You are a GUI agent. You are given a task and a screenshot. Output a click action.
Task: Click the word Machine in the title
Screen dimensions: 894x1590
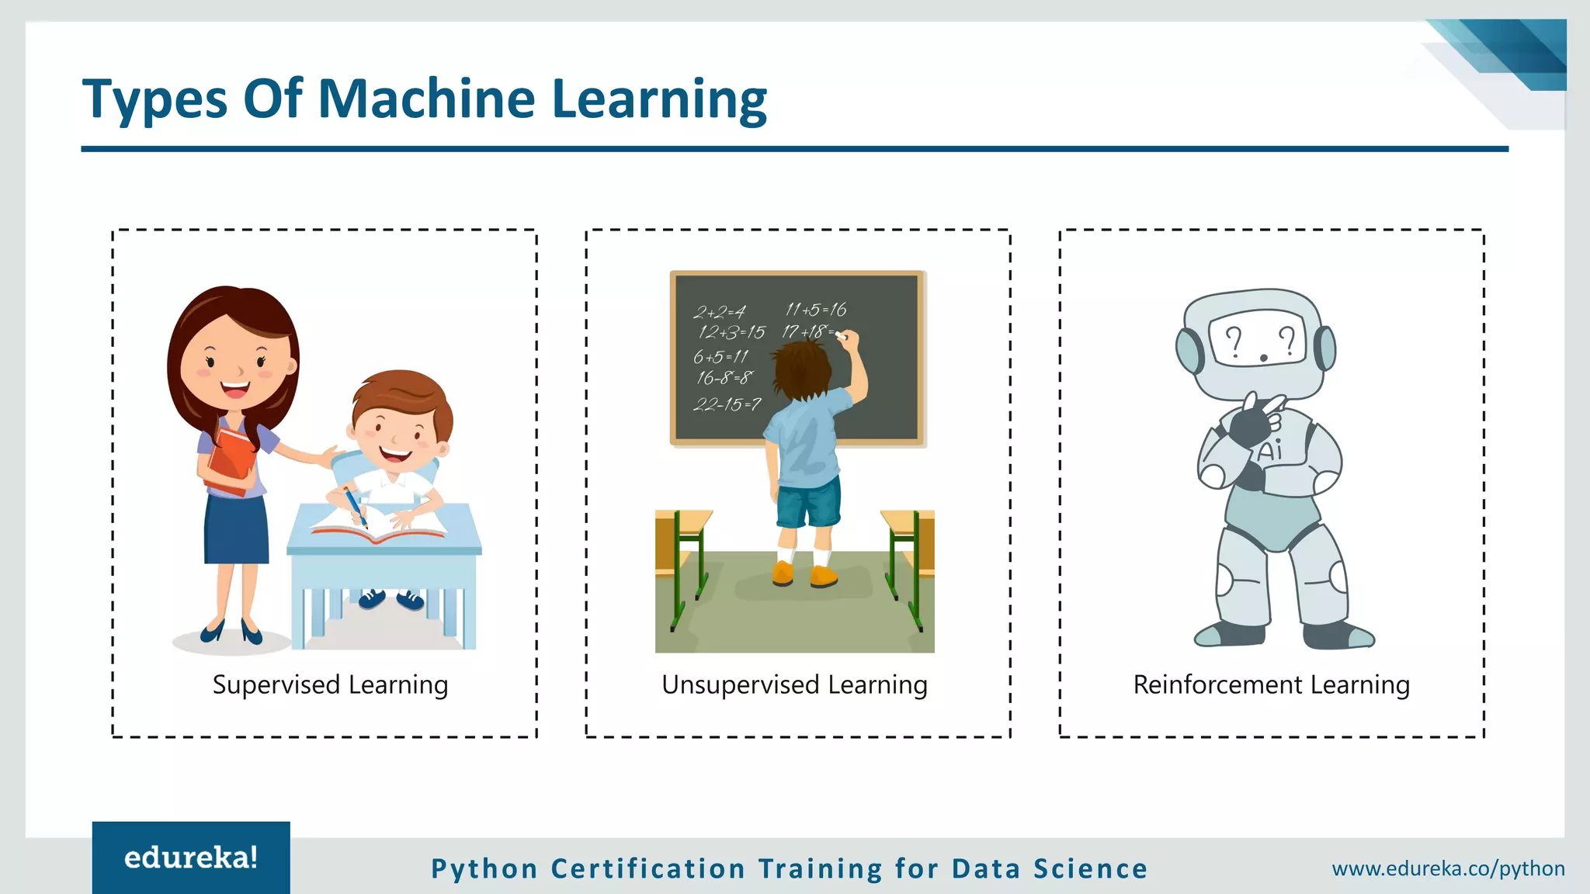[426, 99]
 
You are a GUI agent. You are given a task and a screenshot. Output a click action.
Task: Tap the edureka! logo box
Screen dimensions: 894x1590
[191, 858]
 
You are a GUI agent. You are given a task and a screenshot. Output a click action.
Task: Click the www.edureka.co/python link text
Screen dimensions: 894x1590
[1448, 868]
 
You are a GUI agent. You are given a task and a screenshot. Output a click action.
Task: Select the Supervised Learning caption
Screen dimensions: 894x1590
[330, 685]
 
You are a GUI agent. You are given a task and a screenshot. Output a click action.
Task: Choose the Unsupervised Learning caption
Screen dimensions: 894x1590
[794, 685]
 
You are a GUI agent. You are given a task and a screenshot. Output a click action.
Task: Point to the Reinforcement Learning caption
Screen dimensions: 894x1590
[1271, 685]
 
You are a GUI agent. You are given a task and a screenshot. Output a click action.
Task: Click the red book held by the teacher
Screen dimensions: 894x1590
[231, 461]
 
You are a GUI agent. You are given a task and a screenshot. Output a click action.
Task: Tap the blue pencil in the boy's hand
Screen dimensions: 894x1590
[355, 507]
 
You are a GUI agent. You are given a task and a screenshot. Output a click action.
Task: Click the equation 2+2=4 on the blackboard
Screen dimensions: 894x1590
[720, 313]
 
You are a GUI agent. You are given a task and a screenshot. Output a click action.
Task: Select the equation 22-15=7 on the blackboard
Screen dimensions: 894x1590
[727, 404]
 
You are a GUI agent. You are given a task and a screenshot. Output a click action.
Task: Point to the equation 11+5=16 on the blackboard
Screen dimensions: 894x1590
[815, 310]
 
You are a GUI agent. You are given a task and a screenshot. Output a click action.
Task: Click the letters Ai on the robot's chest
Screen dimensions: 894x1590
[1270, 450]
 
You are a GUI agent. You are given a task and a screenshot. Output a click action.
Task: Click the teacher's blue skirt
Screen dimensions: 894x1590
[236, 528]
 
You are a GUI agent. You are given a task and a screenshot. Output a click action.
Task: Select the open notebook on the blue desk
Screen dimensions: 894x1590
[378, 525]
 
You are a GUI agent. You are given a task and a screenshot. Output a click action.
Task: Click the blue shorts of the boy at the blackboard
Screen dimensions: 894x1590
[809, 503]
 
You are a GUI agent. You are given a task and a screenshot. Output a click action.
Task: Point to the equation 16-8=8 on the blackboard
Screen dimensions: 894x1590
[724, 378]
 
